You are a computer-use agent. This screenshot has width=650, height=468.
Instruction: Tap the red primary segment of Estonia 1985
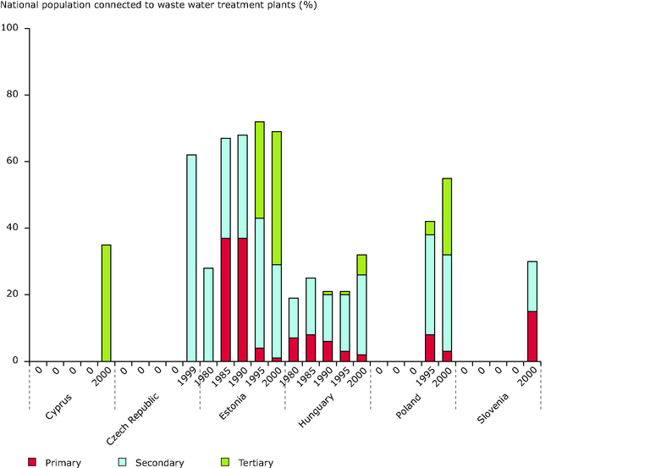pos(226,299)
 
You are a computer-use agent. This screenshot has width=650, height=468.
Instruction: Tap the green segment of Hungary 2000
pos(362,264)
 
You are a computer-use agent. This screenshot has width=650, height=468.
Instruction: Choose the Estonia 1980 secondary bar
pos(208,314)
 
